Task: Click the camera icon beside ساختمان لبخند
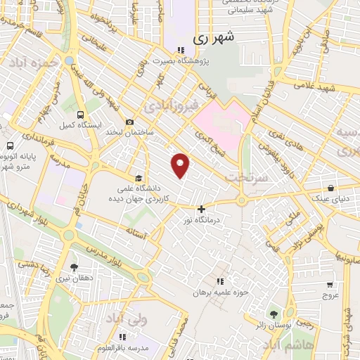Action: pos(129,122)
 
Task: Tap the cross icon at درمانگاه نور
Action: pos(202,209)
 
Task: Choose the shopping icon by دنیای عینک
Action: pos(331,188)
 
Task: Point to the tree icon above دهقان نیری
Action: pos(75,267)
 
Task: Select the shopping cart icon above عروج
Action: pos(330,285)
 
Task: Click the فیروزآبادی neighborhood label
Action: pos(165,107)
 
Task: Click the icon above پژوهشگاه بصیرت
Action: pos(181,50)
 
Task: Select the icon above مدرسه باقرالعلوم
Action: pos(124,338)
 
